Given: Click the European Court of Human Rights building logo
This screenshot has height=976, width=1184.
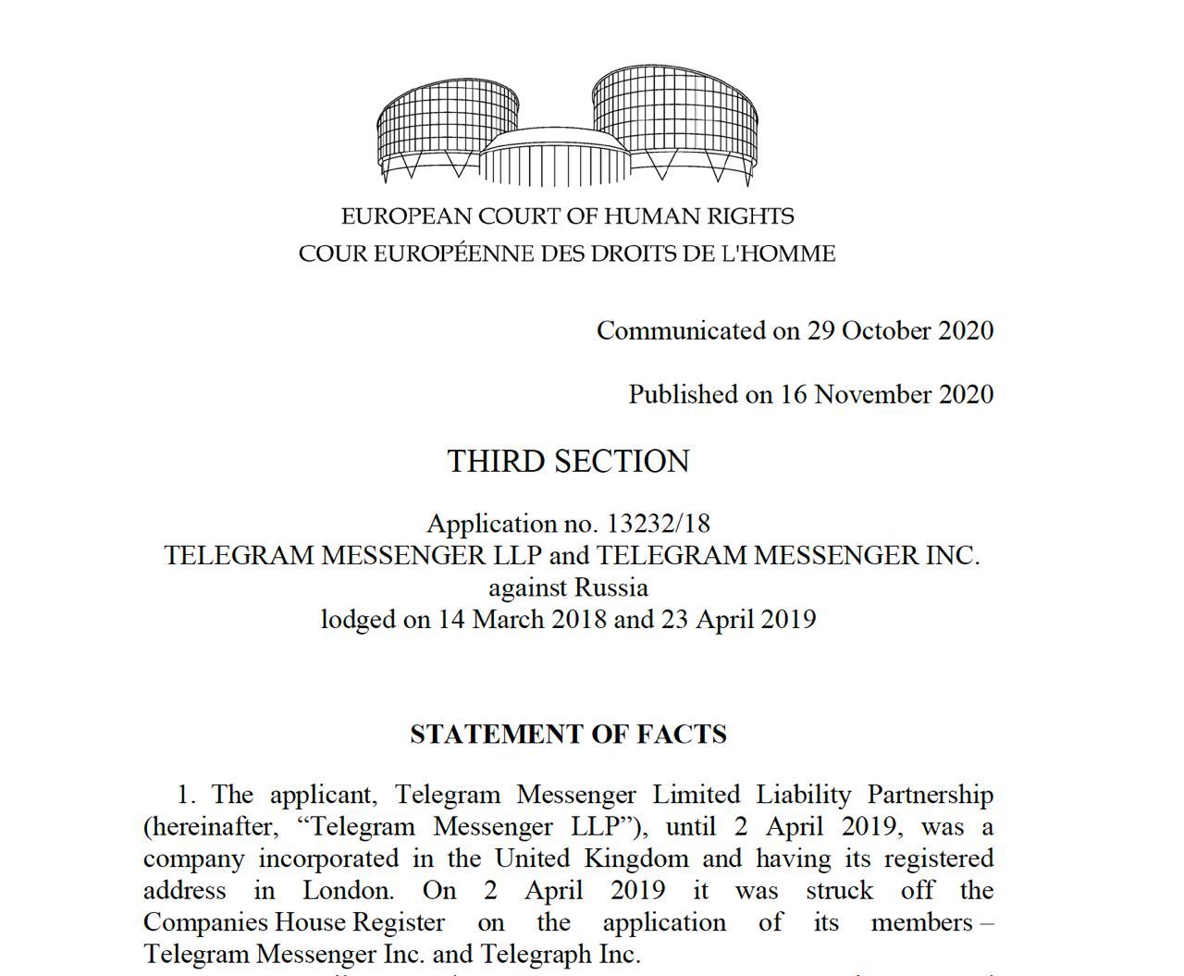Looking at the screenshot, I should [x=567, y=126].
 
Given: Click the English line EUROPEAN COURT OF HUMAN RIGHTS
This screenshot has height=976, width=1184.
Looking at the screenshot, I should [x=567, y=216].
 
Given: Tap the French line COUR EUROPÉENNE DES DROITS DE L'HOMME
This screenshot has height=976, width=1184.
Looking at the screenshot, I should [x=567, y=253].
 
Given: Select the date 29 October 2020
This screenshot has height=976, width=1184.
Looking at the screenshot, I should [x=900, y=330].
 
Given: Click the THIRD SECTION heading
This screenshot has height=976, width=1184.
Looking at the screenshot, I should [x=568, y=461].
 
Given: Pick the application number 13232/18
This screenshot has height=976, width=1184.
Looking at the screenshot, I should [x=658, y=524].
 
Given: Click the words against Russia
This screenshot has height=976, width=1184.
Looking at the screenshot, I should [x=568, y=587].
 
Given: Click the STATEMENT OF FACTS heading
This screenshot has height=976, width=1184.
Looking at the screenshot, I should [x=568, y=735].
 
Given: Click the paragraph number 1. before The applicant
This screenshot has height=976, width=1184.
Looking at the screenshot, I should [x=187, y=795].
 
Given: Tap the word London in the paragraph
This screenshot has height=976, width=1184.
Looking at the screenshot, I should [x=348, y=891].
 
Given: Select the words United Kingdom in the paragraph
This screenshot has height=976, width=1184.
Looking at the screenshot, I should [x=592, y=859].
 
